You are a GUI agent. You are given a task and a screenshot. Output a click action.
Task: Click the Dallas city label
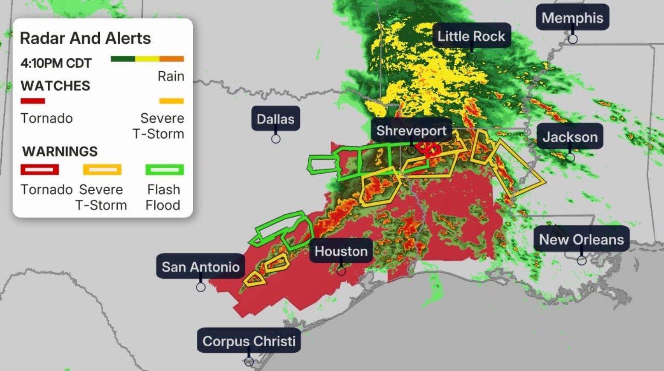[275, 119]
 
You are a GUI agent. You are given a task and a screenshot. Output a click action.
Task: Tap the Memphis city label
[572, 18]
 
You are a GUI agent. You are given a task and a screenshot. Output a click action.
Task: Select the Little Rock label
[471, 36]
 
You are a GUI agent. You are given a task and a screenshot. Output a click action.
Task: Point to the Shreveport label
[411, 131]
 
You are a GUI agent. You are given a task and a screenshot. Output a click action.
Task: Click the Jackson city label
[570, 137]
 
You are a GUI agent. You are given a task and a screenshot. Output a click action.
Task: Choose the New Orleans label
[581, 239]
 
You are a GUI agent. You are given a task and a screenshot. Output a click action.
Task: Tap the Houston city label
[341, 251]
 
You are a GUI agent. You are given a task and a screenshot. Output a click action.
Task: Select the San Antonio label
[200, 267]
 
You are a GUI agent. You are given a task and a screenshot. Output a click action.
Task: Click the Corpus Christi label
[249, 341]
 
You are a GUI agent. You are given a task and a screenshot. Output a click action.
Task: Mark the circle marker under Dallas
[276, 139]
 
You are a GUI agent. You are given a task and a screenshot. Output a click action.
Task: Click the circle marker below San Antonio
[200, 287]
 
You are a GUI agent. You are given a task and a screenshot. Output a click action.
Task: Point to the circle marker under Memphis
[573, 39]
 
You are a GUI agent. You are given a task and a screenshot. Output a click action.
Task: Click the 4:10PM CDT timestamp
[56, 63]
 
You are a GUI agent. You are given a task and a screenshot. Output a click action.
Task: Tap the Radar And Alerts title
[85, 38]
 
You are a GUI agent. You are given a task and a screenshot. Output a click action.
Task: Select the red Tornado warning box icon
[40, 170]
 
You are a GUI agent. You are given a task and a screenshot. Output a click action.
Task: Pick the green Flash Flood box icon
[165, 170]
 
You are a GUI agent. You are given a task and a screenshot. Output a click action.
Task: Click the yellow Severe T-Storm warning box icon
[102, 170]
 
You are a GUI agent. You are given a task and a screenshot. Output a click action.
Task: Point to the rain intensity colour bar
[147, 59]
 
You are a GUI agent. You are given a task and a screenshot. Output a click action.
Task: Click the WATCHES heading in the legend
[55, 86]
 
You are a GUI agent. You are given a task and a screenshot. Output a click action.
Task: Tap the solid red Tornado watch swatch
[33, 101]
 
